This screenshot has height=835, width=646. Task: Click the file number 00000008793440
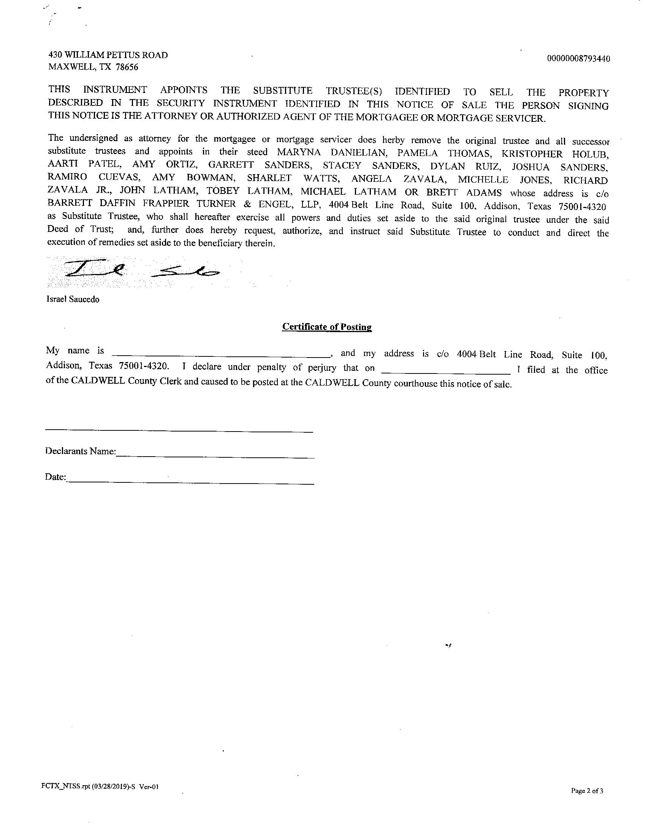coord(578,59)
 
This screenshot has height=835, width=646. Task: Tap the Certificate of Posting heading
coord(327,327)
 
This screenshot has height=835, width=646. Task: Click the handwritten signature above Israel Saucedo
coord(142,270)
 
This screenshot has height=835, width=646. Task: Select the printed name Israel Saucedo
coord(73,300)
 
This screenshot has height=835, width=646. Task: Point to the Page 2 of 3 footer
coord(587,791)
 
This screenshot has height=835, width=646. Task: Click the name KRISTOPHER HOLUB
coord(554,154)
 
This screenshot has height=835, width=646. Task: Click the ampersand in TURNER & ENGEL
coord(247,205)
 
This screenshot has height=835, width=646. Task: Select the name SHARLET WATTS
coord(293,178)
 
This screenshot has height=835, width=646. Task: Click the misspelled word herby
coord(393,140)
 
